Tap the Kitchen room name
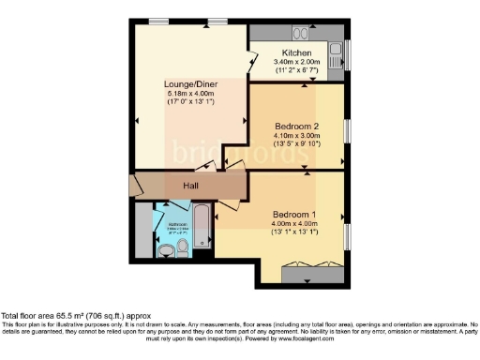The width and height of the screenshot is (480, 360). point(296,52)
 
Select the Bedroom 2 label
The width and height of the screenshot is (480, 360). point(296,126)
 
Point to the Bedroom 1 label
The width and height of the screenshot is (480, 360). point(292,214)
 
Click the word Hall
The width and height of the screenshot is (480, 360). point(190,186)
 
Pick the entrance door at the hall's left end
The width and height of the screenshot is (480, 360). point(136,185)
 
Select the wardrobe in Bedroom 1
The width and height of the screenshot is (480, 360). point(314,273)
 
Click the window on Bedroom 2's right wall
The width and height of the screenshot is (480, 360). point(348,131)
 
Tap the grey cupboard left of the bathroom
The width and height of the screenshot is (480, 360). point(142,229)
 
